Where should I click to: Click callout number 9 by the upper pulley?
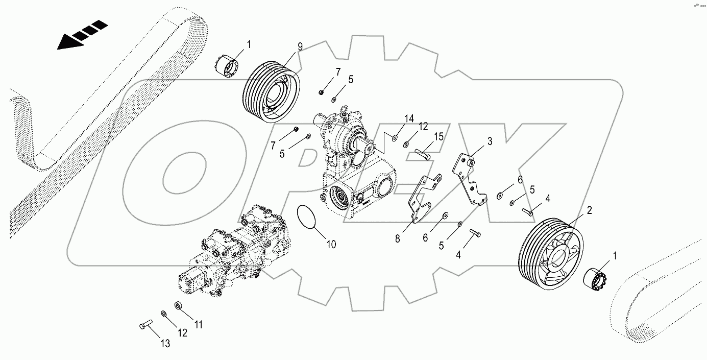(x=300, y=46)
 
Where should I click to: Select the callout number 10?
(x=331, y=245)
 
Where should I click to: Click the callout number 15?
(x=439, y=137)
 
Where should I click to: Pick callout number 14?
(x=409, y=119)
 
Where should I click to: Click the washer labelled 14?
(x=394, y=137)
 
